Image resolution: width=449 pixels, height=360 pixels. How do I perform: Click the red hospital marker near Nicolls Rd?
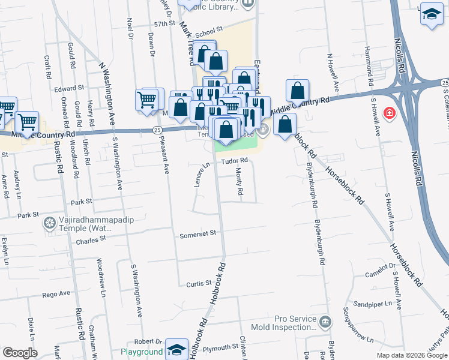(390, 112)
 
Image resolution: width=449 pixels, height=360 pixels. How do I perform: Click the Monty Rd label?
(239, 182)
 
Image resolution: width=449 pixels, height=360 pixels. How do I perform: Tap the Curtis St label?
(199, 283)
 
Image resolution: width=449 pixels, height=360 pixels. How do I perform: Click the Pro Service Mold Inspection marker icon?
(325, 322)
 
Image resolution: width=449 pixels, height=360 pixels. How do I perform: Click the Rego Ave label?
(56, 294)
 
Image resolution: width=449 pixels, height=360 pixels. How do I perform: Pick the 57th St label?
(163, 24)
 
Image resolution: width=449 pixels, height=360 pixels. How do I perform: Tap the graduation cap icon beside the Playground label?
(177, 350)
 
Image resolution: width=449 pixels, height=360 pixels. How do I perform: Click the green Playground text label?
(142, 352)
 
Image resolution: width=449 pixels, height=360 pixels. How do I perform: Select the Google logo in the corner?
(20, 353)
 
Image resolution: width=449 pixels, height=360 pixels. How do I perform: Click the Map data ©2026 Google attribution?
(411, 355)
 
